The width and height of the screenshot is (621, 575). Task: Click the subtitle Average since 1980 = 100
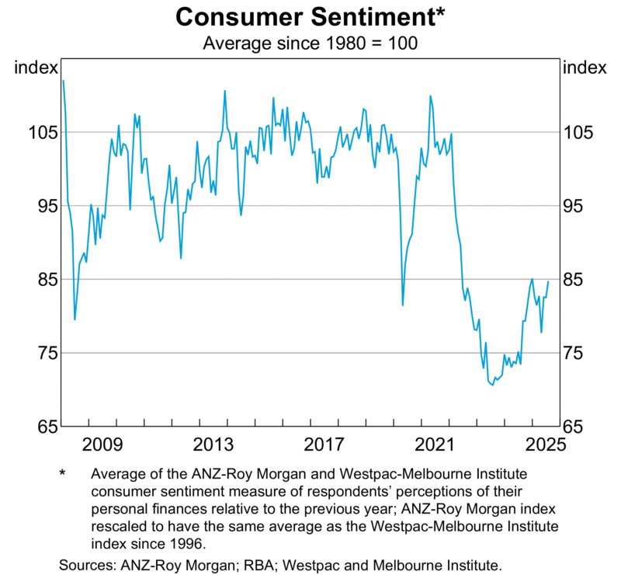[x=310, y=43]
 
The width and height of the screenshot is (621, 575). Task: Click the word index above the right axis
[x=584, y=68]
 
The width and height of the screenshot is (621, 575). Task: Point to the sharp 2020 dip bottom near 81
[x=402, y=305]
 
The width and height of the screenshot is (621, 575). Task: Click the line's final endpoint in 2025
[x=548, y=281]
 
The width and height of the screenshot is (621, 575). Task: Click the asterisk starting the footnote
[x=64, y=473]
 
